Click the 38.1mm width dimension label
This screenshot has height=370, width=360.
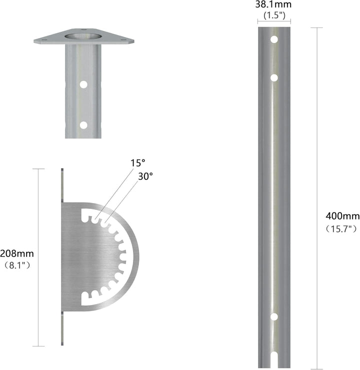point(273,4)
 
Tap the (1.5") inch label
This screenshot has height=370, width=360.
point(274,15)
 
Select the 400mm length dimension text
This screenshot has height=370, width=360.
point(342,216)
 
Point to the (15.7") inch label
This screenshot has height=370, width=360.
point(341,229)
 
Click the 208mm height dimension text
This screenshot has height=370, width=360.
point(17,253)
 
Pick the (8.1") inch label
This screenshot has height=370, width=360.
point(17,265)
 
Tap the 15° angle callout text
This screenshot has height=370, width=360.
point(138,163)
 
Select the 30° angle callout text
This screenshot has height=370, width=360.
point(145,176)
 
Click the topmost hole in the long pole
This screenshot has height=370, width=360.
point(274,39)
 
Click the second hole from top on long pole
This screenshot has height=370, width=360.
point(274,78)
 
